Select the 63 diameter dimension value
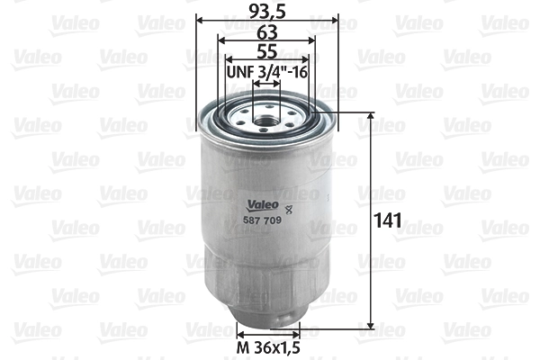tap(265, 31)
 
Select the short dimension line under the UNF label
tap(266, 84)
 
